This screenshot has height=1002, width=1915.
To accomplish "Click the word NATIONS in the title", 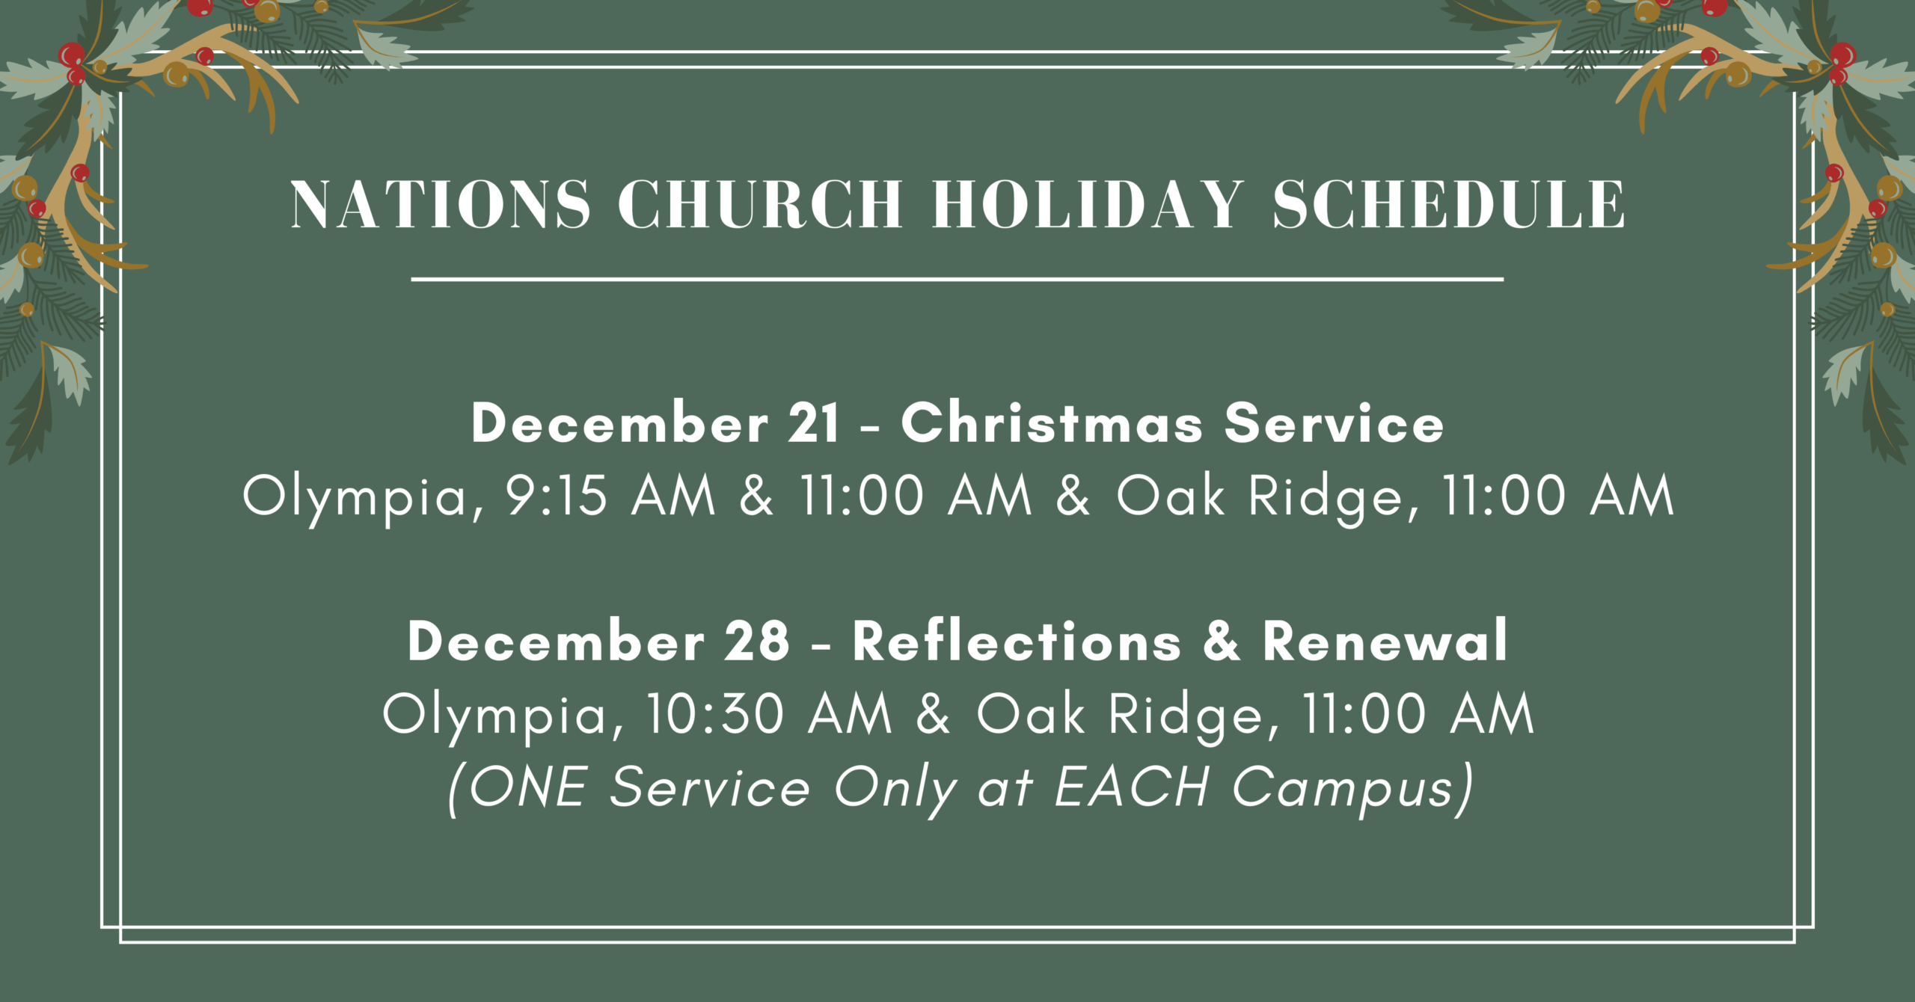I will coord(440,204).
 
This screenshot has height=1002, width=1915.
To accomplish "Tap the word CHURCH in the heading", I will coord(760,204).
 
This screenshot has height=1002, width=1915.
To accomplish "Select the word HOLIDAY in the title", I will coord(1088,204).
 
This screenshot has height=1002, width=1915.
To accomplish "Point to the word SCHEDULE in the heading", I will coord(1449,204).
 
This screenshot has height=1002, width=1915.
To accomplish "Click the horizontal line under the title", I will coord(957,279).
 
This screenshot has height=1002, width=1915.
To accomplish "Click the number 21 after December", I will coord(813,423).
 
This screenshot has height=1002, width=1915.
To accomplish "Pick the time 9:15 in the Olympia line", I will coord(557,497).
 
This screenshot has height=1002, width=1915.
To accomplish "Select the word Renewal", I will coord(1385,642).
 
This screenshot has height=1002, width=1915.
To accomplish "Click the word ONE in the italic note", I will coord(527,787).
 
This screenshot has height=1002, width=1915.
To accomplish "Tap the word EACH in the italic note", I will coord(1131,787).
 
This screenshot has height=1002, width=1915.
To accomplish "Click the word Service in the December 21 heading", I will coord(1334,423).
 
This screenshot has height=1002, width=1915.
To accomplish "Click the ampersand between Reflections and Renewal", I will coord(1222,642).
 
